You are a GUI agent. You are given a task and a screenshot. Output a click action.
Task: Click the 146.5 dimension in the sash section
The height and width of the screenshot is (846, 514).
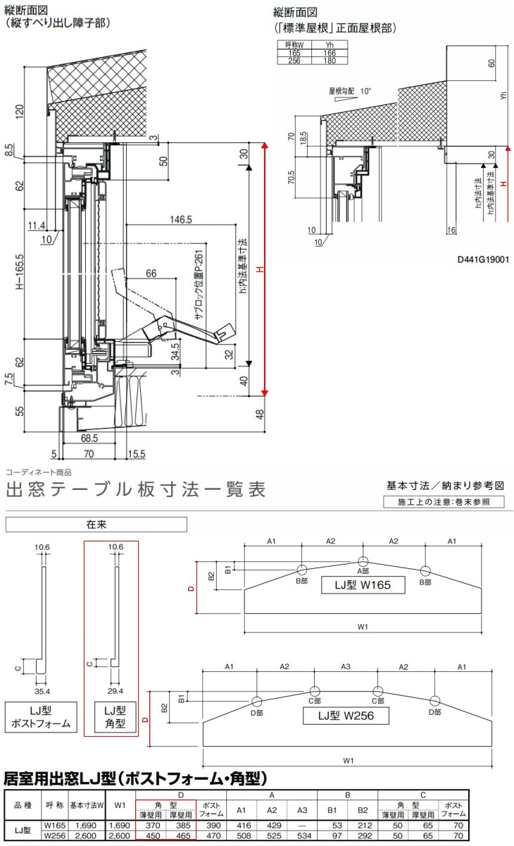pos(181,220)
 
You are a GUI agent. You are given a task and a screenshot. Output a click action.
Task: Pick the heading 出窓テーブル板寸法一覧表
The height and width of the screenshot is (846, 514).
pos(136,489)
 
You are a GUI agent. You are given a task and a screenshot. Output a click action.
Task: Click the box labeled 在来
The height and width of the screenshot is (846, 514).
pos(96,525)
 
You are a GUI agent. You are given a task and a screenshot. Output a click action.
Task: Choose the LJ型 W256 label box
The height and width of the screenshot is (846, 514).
pos(345,716)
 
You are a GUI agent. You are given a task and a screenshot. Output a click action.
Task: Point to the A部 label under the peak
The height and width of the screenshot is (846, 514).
pos(363,571)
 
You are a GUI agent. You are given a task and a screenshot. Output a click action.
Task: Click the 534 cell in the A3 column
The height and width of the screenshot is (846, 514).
pos(302,836)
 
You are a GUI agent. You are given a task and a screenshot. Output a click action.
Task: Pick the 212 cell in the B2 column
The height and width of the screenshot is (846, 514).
pos(364,824)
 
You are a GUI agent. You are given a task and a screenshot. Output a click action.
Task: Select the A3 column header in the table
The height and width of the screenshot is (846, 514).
pos(302,809)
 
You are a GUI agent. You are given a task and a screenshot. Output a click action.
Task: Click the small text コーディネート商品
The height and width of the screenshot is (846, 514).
pos(39,473)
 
